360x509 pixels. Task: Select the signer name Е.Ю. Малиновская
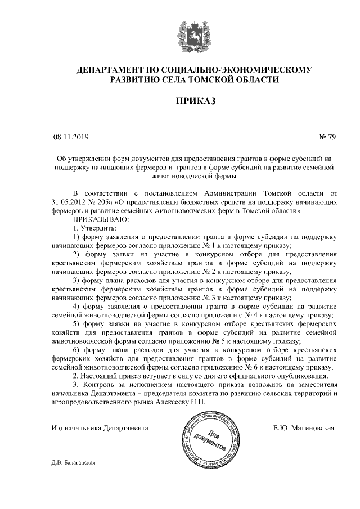304,428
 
